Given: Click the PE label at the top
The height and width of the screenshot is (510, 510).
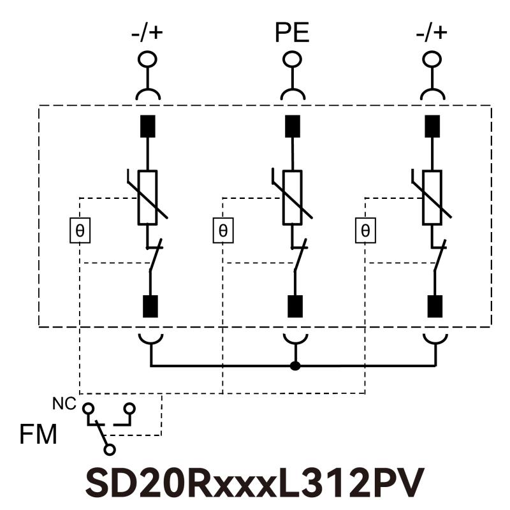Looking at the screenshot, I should (x=292, y=33).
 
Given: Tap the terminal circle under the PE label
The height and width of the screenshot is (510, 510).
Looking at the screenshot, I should (x=292, y=59).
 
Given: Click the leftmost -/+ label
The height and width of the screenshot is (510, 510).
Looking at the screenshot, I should (x=148, y=33).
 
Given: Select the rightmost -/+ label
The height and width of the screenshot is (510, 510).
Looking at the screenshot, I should (x=433, y=33).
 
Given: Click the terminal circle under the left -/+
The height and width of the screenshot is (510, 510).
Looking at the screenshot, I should (x=148, y=59).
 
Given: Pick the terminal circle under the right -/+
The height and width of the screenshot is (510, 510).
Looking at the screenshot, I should (x=433, y=59).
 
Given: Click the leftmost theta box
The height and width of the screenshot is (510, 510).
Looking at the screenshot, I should (x=80, y=231).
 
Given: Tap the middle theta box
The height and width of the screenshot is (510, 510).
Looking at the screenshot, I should (x=222, y=231).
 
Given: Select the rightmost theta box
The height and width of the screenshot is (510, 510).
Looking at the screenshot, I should (x=365, y=231).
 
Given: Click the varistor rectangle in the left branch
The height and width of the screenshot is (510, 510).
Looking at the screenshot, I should (x=148, y=198).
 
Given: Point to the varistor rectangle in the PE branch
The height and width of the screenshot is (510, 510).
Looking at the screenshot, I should (x=293, y=198).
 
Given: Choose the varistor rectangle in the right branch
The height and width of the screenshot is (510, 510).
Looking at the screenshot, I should (x=433, y=198).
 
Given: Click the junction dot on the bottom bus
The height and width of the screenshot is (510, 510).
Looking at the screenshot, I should (x=295, y=366).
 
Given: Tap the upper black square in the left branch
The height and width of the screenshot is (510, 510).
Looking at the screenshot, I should (x=149, y=126).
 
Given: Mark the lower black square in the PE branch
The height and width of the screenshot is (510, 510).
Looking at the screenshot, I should (x=295, y=307).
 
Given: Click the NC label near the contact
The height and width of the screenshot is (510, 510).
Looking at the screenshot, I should (x=64, y=403).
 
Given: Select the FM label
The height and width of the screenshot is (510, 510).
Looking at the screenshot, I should (x=38, y=435).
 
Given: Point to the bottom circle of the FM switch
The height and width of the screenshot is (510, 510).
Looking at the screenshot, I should (x=110, y=451).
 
